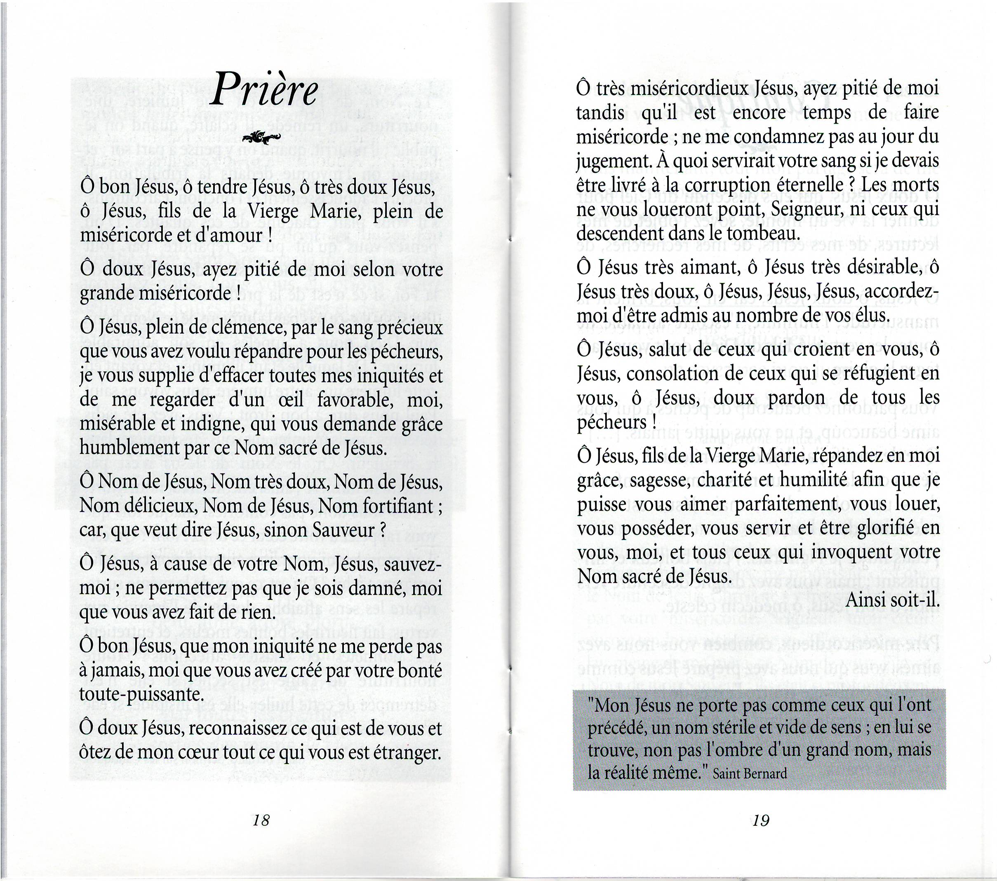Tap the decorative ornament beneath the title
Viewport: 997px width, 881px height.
click(x=261, y=138)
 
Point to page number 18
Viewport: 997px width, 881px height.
click(x=261, y=820)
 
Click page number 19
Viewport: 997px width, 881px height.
click(x=761, y=821)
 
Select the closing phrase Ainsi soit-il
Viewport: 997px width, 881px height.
click(x=892, y=600)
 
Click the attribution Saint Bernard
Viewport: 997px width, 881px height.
click(x=750, y=774)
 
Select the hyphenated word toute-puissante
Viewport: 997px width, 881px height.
click(x=141, y=694)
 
